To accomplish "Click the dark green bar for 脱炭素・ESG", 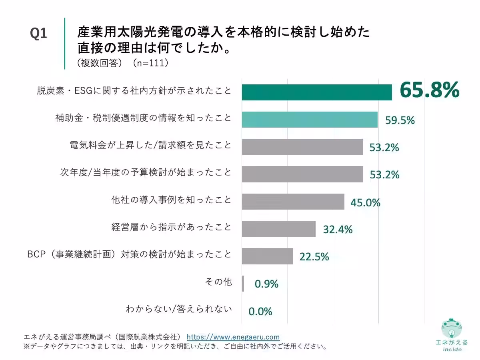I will point(317,92).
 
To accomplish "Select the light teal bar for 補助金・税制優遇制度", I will point(310,120).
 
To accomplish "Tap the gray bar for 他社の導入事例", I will point(293,202).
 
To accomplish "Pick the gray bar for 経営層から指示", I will point(278,229).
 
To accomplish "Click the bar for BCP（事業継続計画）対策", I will point(267,256).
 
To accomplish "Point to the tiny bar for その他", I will point(243,283).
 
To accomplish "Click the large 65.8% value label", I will point(429,91).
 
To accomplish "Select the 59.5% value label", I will point(400,120).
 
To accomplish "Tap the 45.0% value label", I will point(365,202).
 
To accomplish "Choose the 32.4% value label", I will point(338,230).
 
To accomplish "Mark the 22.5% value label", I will point(314,257).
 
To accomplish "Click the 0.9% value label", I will point(266,284).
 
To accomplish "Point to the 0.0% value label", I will point(260,311).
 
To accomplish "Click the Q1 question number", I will point(39,34).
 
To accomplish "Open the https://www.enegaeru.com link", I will point(233,337).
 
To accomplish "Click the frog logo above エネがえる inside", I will point(452,329).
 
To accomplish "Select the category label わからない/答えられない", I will point(178,309).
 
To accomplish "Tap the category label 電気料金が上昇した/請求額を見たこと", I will point(150,145).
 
